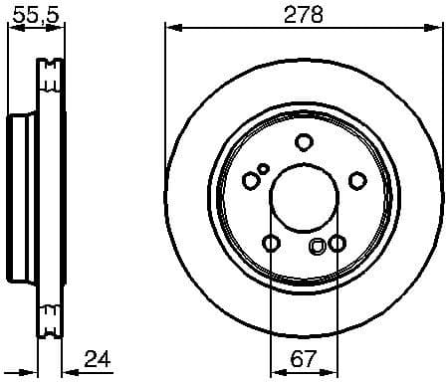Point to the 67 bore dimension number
[305, 357]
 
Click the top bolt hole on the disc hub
[305, 141]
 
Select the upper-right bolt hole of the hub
[357, 179]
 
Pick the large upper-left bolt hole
[251, 179]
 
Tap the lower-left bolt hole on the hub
[271, 242]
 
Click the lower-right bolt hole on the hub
[337, 242]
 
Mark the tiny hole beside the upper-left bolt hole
[264, 168]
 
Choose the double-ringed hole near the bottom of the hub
[318, 249]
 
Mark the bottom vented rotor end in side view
[49, 318]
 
